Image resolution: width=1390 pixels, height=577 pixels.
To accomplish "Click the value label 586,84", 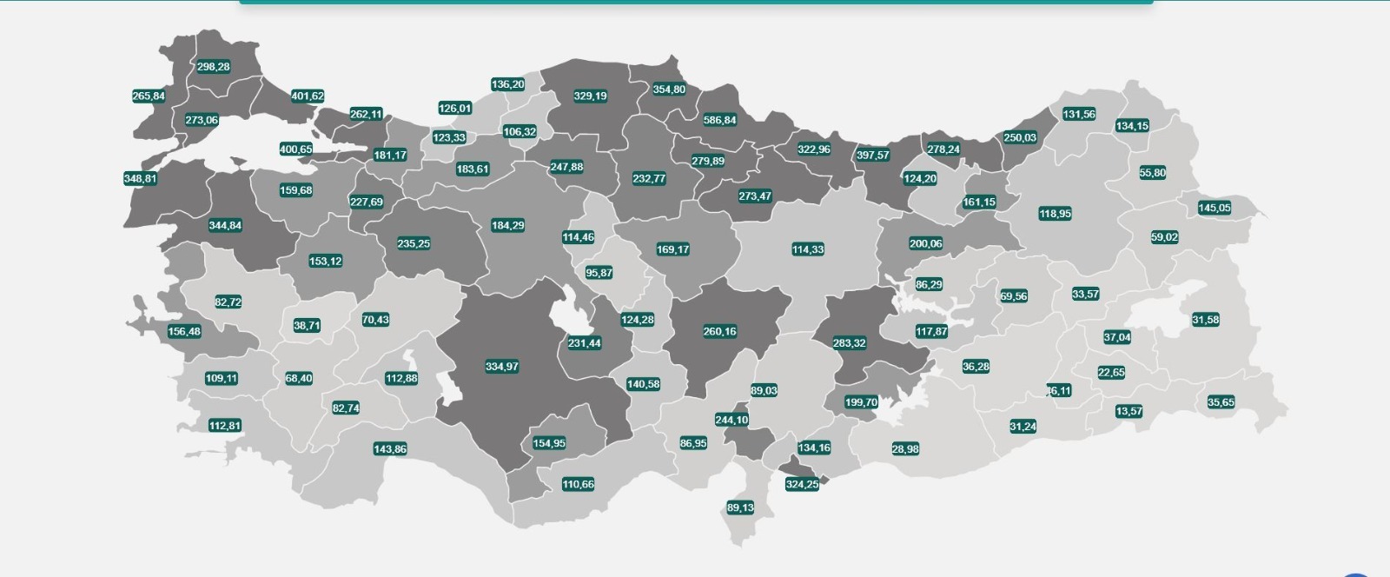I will [719, 120].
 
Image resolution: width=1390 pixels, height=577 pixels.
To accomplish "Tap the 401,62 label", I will [308, 96].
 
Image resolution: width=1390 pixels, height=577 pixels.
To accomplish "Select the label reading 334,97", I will [502, 367].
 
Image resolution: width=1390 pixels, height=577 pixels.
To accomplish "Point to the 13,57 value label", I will [1129, 411].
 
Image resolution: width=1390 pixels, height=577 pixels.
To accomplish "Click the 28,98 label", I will [905, 449].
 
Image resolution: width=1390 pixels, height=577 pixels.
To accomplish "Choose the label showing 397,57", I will [873, 155].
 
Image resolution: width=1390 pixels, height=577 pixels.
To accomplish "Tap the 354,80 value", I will [669, 89].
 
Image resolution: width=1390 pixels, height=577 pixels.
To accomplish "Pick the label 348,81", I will [141, 179].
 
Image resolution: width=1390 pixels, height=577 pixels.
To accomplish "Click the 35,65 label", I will [1221, 402].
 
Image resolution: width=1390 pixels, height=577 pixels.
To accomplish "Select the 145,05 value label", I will [1215, 208].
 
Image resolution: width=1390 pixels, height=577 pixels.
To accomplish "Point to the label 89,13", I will [740, 507].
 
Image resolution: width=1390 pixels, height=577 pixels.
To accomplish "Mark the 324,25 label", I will [802, 484].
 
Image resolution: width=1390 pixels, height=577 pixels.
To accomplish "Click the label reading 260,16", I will [719, 331].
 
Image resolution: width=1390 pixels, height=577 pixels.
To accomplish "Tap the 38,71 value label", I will [307, 326].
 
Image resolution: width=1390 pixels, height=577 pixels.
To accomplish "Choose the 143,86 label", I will [390, 449].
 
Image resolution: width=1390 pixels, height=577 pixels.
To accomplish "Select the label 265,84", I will [149, 96].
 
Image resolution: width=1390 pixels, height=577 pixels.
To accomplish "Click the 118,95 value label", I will [1056, 214].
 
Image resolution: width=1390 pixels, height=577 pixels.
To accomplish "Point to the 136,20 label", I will [507, 84].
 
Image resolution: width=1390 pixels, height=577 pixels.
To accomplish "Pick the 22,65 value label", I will [1111, 373].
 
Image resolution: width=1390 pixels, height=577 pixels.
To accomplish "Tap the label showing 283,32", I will [849, 343].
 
